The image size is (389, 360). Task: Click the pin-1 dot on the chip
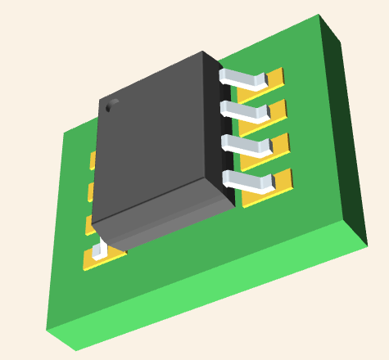[108, 106]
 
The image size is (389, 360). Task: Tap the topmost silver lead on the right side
[242, 79]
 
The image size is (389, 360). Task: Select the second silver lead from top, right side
[244, 111]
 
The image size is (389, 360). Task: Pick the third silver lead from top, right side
[247, 146]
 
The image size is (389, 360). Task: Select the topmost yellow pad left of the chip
[93, 160]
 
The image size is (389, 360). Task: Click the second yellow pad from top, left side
[91, 191]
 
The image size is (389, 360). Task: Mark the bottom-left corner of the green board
[47, 331]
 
